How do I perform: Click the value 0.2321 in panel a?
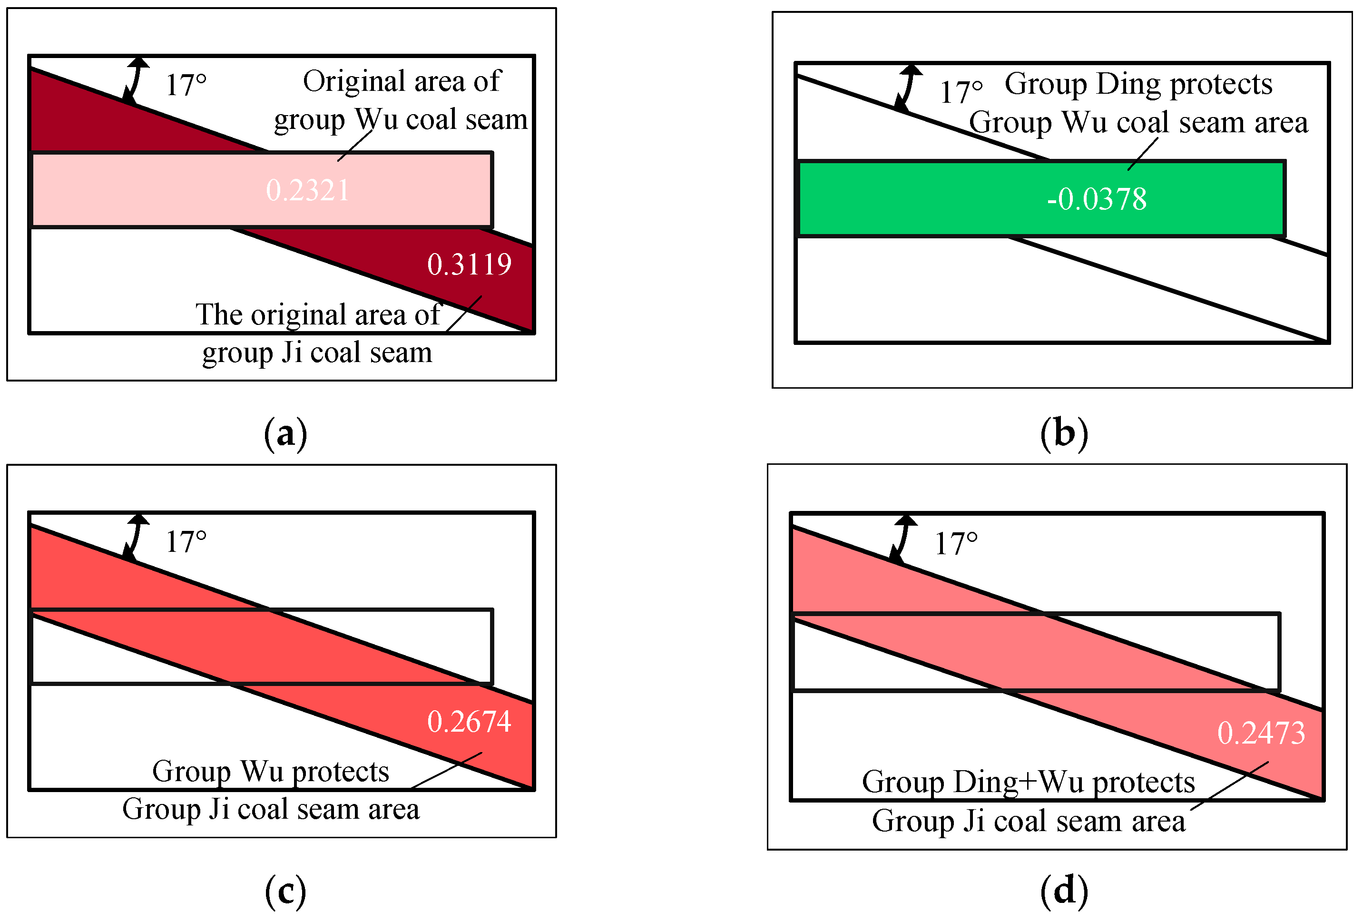point(307,190)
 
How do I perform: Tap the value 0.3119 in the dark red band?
point(469,264)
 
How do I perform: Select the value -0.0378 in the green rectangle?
point(1096,199)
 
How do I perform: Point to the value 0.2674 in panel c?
point(469,722)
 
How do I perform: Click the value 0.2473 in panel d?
point(1261,733)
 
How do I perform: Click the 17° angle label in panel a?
point(186,85)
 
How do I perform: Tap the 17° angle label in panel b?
point(961,92)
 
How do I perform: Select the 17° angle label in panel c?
point(186,541)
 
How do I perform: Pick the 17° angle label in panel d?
point(956,544)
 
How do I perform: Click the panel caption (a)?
point(285,435)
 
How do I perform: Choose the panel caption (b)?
point(1064,435)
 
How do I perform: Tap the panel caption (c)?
point(285,892)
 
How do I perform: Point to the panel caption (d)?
point(1064,892)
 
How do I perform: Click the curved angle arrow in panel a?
point(135,79)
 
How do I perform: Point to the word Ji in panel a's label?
point(292,353)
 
